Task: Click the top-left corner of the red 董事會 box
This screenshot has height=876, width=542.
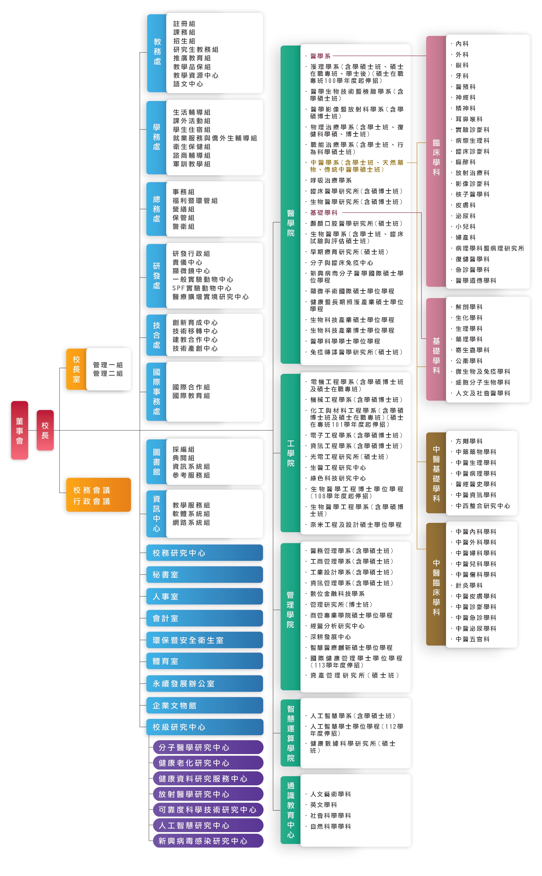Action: (x=11, y=401)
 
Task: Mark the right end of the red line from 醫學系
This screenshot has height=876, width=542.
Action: (x=426, y=56)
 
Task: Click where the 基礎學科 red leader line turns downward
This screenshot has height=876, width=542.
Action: (x=421, y=213)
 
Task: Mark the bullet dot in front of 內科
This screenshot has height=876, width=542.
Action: (x=451, y=44)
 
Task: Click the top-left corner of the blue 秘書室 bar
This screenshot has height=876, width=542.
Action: (x=147, y=567)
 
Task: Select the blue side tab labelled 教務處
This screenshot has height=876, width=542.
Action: (x=157, y=53)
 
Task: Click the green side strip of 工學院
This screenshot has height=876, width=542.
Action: (x=291, y=453)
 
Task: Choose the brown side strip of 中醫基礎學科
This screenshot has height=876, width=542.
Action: (x=436, y=473)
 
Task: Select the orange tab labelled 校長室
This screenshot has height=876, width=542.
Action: (x=76, y=369)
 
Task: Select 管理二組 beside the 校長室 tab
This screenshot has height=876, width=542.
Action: (x=108, y=374)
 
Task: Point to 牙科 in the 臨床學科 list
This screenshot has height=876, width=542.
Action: (x=462, y=76)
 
